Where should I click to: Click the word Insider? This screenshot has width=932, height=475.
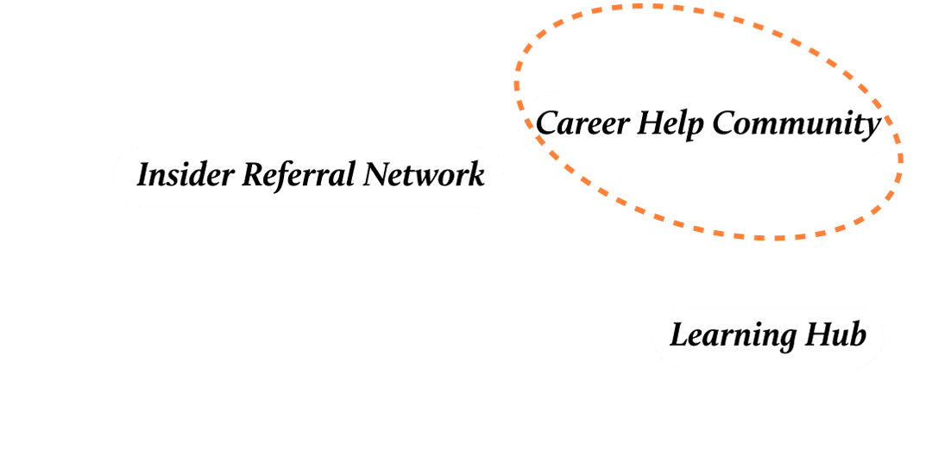tap(185, 176)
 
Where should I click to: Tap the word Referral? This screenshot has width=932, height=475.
tap(297, 176)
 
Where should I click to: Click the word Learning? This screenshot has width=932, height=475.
tap(721, 335)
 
